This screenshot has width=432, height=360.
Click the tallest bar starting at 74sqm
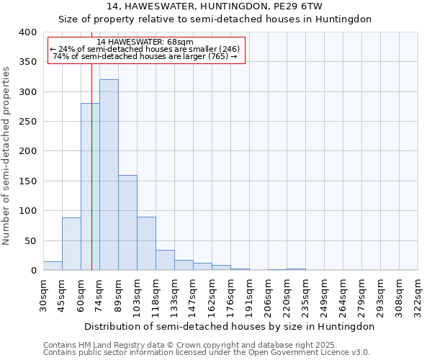109,175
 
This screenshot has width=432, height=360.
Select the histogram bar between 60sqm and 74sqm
90,187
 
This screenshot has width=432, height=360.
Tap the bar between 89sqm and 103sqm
127,222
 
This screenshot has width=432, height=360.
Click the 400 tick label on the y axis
27,32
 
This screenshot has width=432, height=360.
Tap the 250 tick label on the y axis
27,122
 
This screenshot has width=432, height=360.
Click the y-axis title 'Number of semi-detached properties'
6,155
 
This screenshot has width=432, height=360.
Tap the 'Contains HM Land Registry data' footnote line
189,345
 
